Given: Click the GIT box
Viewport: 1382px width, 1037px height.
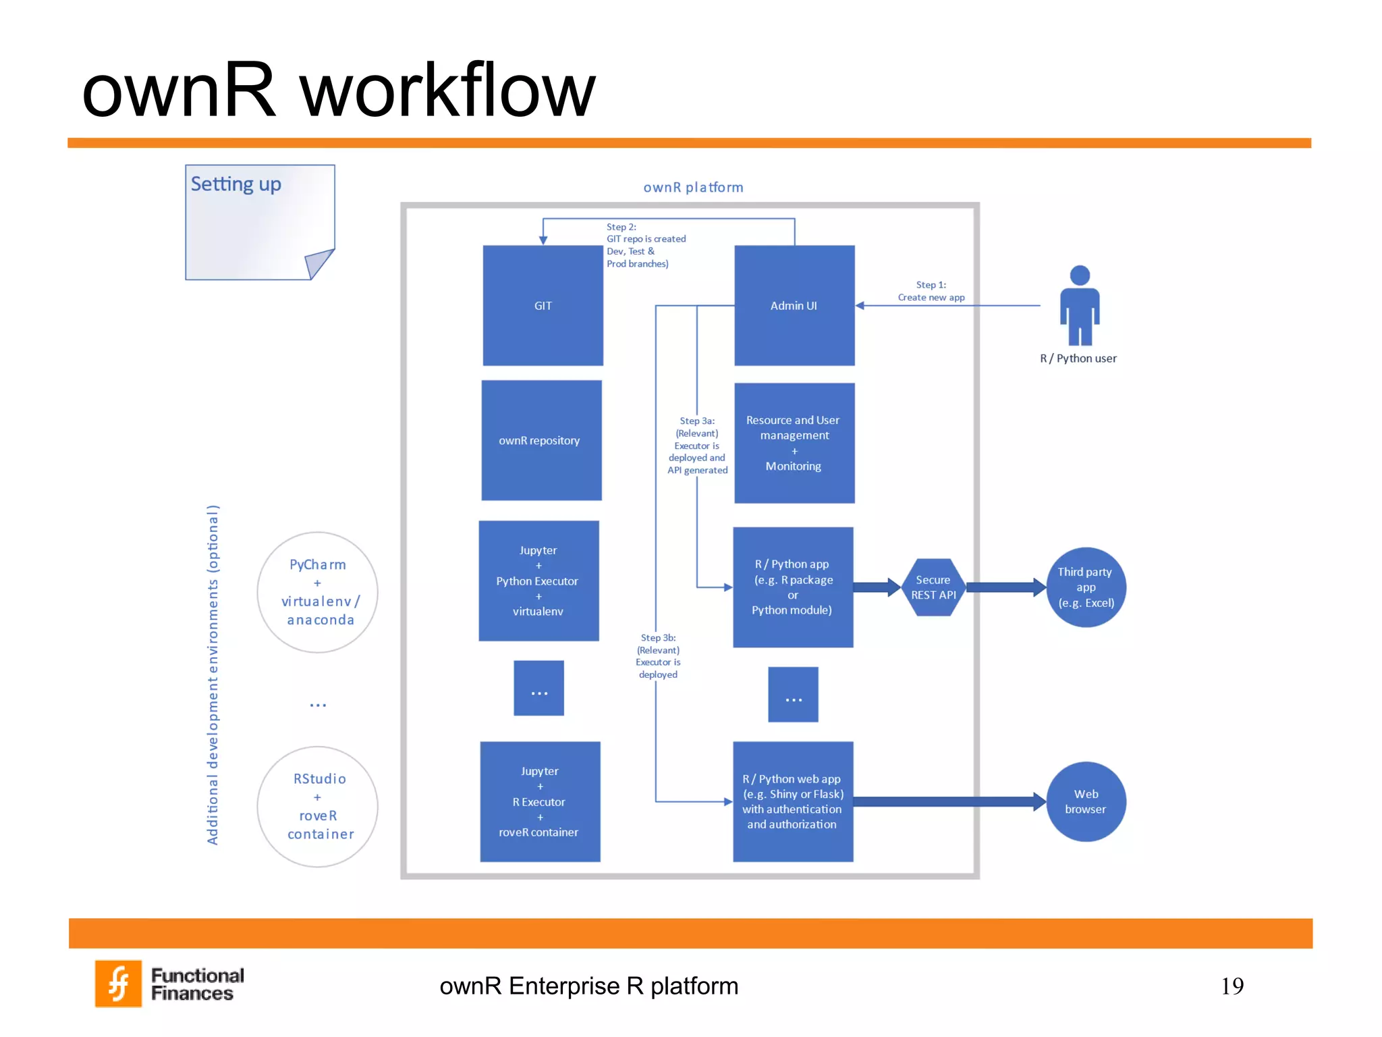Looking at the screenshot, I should tap(543, 305).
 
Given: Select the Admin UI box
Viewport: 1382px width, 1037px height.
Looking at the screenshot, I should tap(794, 305).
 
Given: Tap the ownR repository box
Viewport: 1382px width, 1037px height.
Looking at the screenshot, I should tap(541, 440).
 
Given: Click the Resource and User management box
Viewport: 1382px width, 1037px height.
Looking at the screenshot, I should tap(794, 443).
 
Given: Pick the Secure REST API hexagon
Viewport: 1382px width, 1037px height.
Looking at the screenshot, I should tap(933, 587).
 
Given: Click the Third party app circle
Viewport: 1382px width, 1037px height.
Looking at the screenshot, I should tap(1086, 587).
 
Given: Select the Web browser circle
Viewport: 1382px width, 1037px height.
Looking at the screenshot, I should tap(1086, 801).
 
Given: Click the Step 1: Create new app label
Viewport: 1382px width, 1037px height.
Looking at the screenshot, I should tap(931, 291).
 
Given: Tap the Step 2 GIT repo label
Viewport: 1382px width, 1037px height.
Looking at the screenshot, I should tap(644, 245).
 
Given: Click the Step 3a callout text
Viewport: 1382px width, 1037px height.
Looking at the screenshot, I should tap(698, 446).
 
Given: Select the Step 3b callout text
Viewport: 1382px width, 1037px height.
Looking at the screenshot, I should tap(658, 656).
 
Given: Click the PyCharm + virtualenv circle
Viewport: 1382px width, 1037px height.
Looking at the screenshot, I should tap(317, 592).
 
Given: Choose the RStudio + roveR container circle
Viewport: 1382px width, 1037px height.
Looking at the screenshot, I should tap(317, 806).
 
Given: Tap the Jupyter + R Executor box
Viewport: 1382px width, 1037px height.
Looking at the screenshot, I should tap(540, 801).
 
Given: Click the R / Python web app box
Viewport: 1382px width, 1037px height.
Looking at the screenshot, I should tap(793, 801).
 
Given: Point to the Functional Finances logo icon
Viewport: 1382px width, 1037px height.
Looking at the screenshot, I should tap(119, 983).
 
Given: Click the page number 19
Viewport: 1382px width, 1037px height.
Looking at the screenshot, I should tap(1232, 986).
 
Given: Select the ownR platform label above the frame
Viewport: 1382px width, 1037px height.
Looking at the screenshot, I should tap(693, 187).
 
